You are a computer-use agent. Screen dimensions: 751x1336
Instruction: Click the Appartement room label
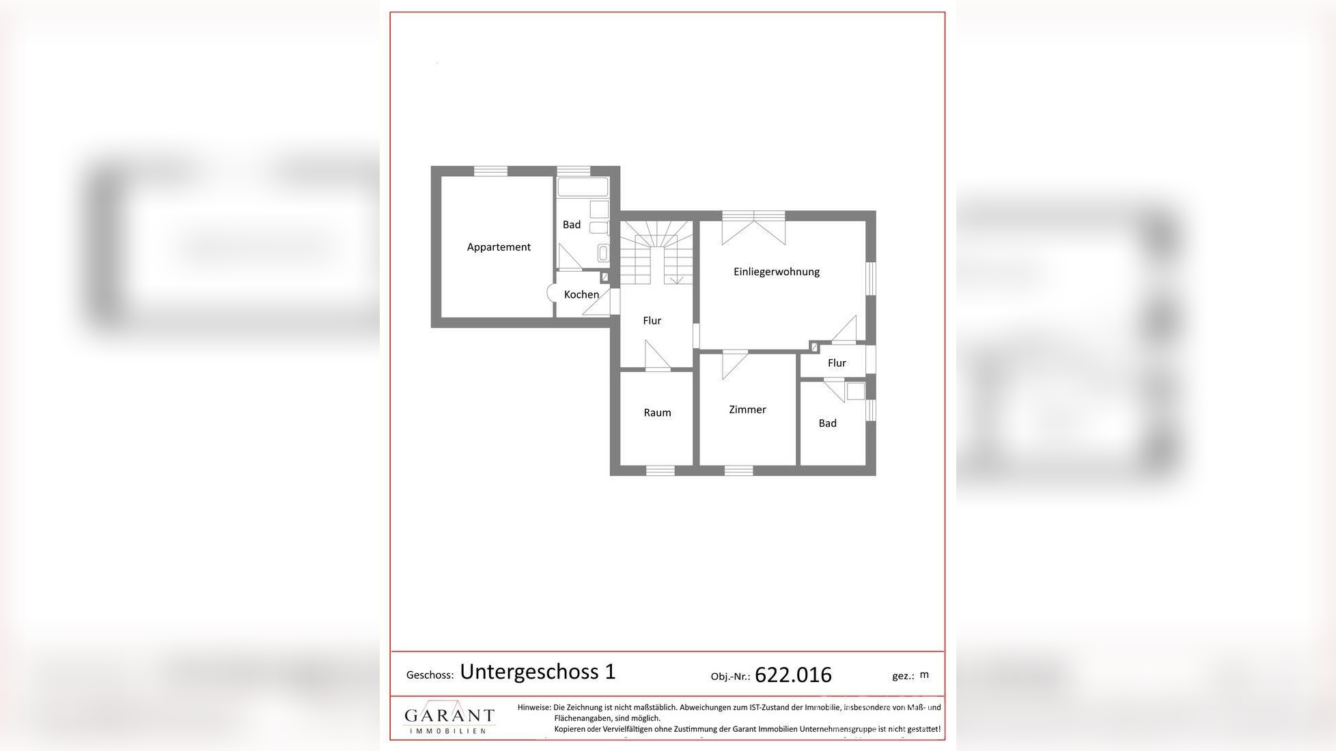[x=499, y=247]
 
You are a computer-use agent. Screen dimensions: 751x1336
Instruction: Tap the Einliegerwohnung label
[x=776, y=272]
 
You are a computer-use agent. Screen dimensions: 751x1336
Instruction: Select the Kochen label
[x=581, y=294]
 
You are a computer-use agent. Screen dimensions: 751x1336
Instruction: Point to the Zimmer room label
[x=747, y=410]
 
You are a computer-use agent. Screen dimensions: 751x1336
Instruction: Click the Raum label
[x=657, y=412]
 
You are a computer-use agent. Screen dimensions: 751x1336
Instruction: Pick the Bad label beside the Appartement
[x=572, y=225]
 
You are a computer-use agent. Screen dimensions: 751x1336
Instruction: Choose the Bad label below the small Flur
[x=827, y=423]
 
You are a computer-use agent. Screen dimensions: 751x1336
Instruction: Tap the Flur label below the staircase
[x=652, y=320]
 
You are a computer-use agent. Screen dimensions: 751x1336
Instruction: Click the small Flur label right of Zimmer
[x=837, y=363]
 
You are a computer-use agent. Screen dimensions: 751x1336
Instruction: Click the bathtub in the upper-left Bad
[x=583, y=187]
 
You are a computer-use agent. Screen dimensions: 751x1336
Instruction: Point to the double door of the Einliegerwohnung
[x=753, y=227]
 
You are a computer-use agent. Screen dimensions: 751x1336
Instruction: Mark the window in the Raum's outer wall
[x=660, y=470]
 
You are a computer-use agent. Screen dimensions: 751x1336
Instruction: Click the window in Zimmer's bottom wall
[x=738, y=470]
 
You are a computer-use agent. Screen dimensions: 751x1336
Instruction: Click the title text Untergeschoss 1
[x=538, y=672]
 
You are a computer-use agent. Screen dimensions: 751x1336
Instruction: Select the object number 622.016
[x=793, y=675]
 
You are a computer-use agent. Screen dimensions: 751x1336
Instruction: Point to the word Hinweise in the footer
[x=533, y=707]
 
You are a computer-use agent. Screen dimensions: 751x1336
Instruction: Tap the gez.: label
[x=903, y=676]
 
